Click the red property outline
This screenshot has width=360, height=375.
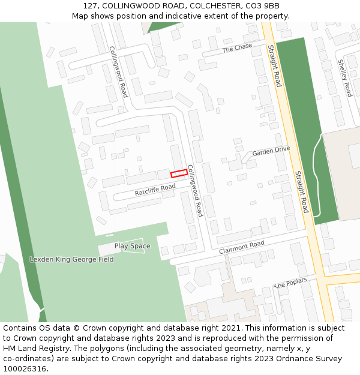coord(179,173)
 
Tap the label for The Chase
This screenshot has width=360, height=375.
coord(237,47)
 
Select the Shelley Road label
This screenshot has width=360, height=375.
coord(344,77)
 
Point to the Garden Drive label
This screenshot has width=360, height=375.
coord(271,151)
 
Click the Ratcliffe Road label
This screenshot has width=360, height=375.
coord(155,190)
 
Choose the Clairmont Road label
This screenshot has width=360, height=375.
coord(241,247)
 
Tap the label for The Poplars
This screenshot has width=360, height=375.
coord(290,283)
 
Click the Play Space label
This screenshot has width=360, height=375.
coord(132,246)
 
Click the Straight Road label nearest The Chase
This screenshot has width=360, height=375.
coord(274,65)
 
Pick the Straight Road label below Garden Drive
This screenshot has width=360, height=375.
coord(301,191)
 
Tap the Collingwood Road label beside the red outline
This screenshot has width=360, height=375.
coord(196,191)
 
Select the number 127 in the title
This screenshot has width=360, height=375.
coord(90,6)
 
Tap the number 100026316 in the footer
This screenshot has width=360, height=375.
coord(23,368)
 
